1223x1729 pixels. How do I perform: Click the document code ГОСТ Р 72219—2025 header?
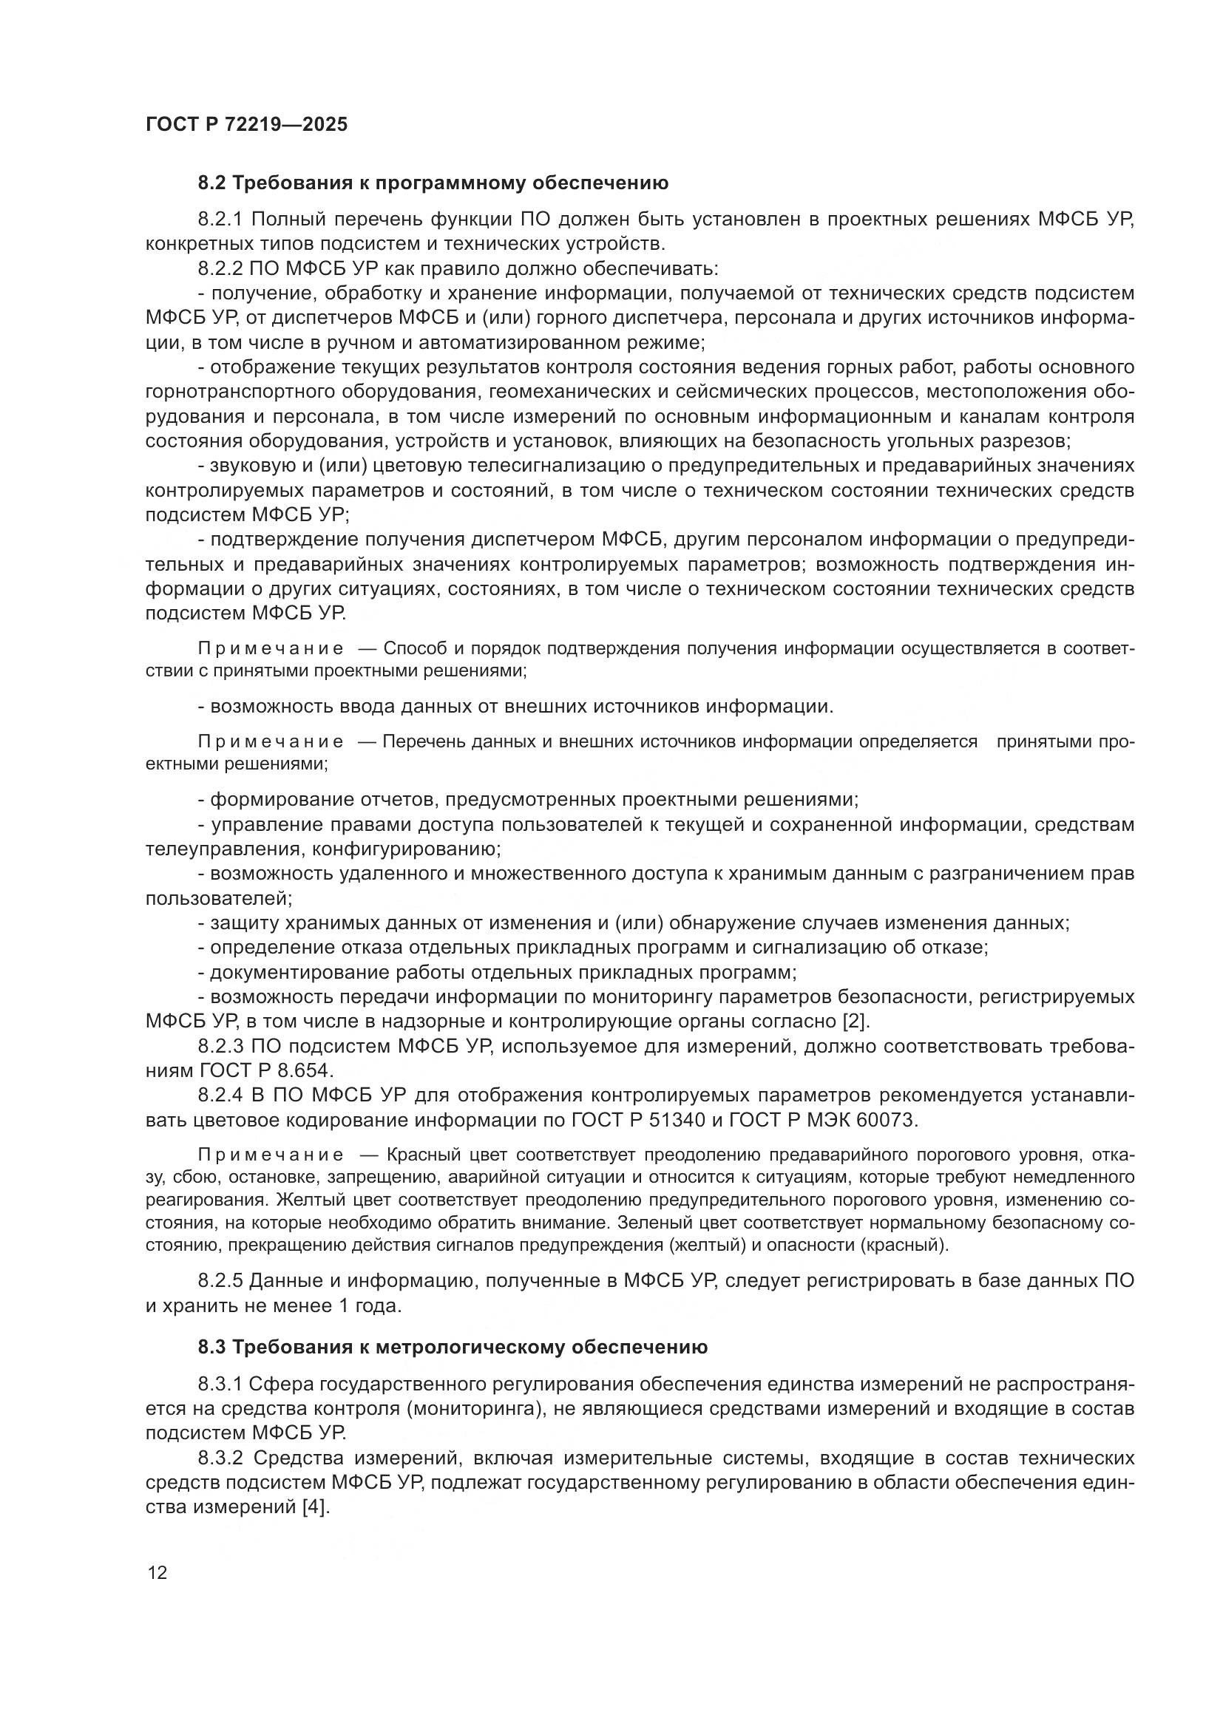coord(246,124)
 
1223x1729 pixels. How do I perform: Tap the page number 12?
coord(157,1572)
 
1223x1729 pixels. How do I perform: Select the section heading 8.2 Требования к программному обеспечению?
coord(433,183)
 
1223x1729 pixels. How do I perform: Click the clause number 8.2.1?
coord(220,219)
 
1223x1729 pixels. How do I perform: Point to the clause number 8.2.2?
coord(220,268)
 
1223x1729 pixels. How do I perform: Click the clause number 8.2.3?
coord(220,1046)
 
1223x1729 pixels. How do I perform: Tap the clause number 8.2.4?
coord(220,1095)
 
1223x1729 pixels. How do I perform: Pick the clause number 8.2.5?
coord(220,1281)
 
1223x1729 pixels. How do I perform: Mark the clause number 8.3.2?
coord(220,1458)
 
